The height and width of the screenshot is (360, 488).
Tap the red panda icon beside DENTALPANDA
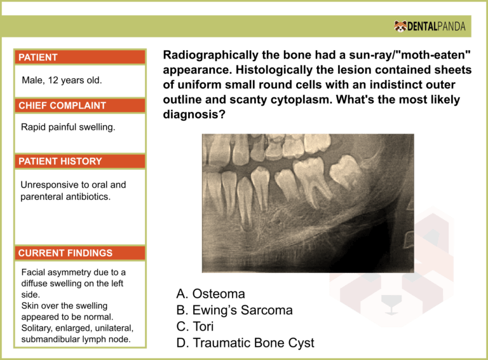point(401,26)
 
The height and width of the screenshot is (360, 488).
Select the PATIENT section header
point(38,57)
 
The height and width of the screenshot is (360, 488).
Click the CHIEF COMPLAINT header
point(62,106)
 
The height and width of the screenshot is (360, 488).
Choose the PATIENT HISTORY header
point(60,162)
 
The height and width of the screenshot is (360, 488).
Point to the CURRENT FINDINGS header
point(65,253)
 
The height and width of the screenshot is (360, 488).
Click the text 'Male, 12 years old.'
point(62,81)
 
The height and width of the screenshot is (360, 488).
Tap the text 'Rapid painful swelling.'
point(67,128)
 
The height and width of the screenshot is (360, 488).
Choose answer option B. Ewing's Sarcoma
point(234,310)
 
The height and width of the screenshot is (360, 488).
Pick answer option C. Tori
point(195,327)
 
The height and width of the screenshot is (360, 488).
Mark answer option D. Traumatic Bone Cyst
point(245,343)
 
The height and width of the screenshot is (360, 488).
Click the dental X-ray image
point(308,202)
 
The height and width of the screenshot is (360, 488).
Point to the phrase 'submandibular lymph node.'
point(74,339)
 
